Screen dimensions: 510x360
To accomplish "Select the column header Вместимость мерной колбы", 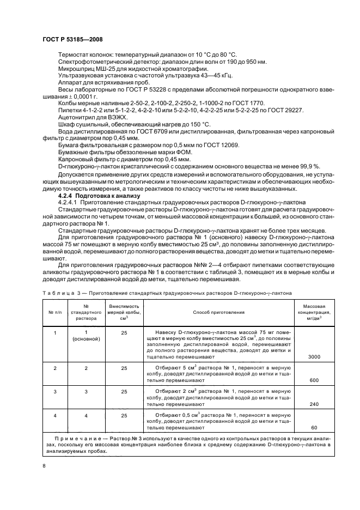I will coord(125,312).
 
